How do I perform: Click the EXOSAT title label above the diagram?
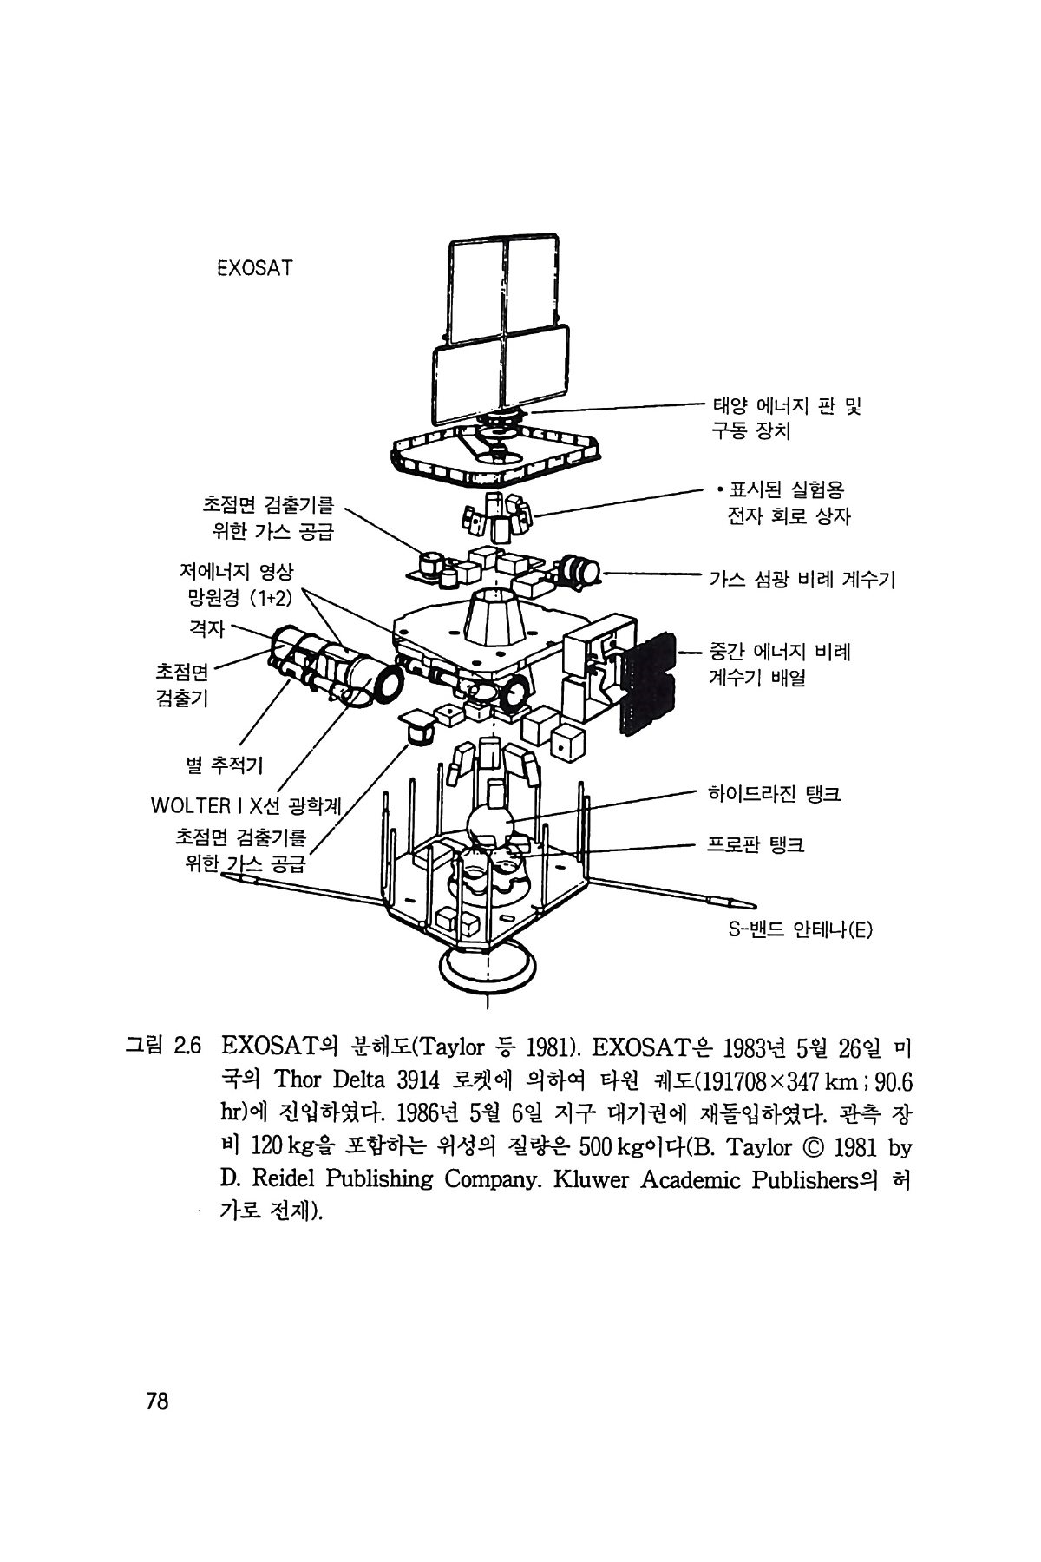click(x=254, y=268)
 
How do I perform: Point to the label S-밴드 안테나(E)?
click(x=799, y=930)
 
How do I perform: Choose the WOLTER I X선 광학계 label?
click(x=246, y=805)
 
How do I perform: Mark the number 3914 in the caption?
click(x=422, y=1080)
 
